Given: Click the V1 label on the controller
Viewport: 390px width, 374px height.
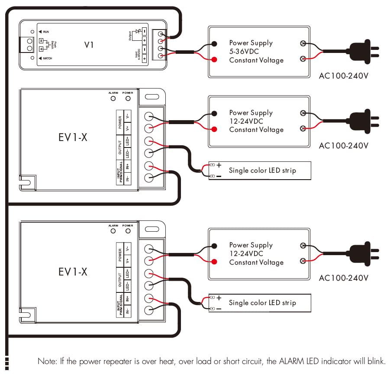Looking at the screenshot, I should [89, 45].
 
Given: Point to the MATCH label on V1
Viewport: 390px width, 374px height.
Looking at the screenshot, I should [47, 58].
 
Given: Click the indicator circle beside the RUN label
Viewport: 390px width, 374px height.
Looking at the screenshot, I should [32, 32].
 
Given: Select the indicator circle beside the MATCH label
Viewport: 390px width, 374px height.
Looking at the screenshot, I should [32, 58].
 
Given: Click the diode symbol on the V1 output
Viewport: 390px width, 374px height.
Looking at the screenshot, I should [138, 31].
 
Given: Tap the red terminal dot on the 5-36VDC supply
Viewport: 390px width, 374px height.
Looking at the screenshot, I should [215, 59].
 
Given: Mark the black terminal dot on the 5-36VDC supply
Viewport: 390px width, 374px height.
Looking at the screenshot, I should [215, 43].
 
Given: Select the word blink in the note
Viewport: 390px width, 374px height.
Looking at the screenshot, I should [376, 361].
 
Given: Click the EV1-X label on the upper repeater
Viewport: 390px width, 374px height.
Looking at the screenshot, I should [73, 138].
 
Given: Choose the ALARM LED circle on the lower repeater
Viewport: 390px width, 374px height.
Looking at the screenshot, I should [113, 231].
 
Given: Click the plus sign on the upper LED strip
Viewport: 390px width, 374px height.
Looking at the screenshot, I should [219, 165].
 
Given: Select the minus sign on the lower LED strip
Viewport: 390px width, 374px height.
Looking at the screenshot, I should [219, 308].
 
